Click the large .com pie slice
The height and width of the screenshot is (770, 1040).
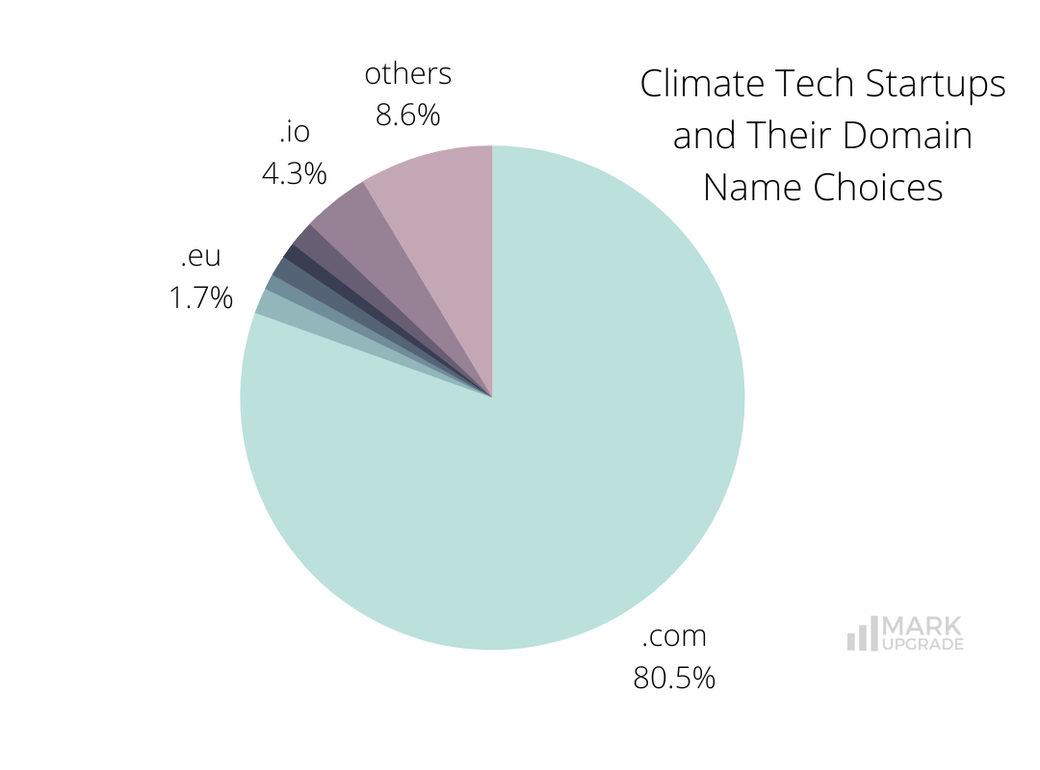tap(520, 481)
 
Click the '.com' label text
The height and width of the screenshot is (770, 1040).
tap(674, 636)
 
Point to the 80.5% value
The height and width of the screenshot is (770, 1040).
tap(674, 678)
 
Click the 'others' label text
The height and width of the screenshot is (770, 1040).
tap(407, 73)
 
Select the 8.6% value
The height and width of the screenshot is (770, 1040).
tap(407, 115)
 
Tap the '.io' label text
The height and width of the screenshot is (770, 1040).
tap(294, 132)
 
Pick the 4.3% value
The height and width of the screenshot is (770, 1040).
tap(294, 174)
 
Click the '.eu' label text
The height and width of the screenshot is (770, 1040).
tap(200, 257)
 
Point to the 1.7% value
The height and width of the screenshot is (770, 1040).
tap(200, 298)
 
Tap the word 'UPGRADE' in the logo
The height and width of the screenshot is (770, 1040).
tap(923, 645)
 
